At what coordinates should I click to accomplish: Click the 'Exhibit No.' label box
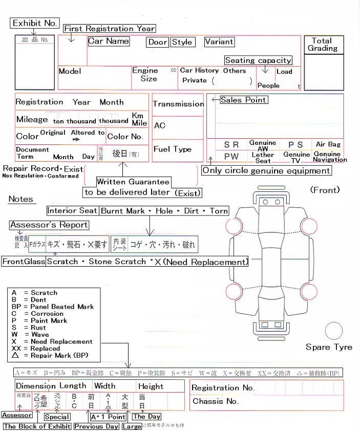[34, 23]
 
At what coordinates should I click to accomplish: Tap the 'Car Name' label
[109, 41]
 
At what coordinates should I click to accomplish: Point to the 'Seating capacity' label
[258, 60]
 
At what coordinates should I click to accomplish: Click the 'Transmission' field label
[178, 104]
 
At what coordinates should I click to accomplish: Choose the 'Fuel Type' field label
[173, 149]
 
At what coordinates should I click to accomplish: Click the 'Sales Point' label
[243, 100]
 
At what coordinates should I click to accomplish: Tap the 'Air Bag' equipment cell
[328, 145]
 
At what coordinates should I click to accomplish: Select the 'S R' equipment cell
[231, 145]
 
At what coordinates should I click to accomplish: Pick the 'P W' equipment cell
[231, 157]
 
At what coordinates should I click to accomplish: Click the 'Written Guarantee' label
[133, 182]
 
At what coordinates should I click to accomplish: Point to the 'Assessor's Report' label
[49, 225]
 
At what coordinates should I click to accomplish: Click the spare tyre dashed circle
[335, 332]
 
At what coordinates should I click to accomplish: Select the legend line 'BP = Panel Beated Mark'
[52, 307]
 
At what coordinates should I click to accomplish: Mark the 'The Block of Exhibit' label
[37, 426]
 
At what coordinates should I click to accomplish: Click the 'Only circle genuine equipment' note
[266, 170]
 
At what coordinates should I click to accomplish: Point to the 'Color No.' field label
[125, 137]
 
